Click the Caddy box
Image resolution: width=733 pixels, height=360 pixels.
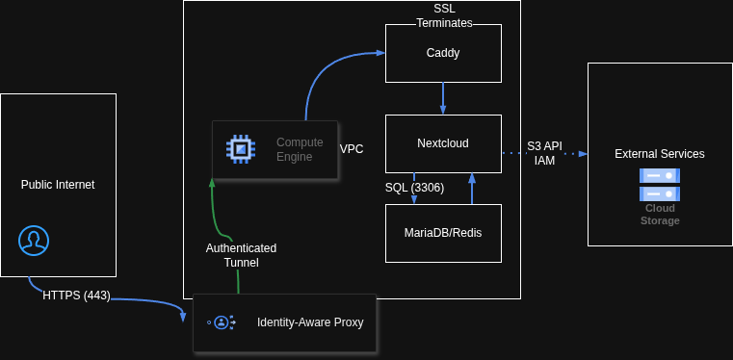(x=443, y=53)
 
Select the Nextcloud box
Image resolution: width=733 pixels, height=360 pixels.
(x=443, y=143)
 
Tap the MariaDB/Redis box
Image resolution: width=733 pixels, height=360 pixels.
(x=443, y=233)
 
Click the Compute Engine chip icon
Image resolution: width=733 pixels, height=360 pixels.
(x=240, y=149)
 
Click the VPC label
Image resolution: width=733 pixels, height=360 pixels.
(x=352, y=149)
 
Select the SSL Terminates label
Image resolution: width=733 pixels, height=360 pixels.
(x=444, y=15)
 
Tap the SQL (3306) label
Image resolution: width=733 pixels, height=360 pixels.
(x=414, y=188)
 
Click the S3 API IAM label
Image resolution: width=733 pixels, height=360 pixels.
(x=544, y=153)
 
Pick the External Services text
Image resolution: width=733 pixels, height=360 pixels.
(x=660, y=154)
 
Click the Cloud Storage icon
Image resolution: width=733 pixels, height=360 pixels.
(x=660, y=183)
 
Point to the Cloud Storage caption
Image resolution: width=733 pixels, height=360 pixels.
(x=660, y=214)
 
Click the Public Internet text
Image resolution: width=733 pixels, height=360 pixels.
(x=58, y=185)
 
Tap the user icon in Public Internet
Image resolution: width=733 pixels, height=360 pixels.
(x=34, y=240)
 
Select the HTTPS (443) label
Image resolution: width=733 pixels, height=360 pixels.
(x=77, y=296)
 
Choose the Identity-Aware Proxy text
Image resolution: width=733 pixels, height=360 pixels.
(x=310, y=322)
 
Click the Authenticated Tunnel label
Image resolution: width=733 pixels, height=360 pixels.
(x=241, y=255)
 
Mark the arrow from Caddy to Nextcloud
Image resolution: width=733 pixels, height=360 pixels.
(x=443, y=98)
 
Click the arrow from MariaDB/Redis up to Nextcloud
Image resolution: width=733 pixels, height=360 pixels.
(x=472, y=189)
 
